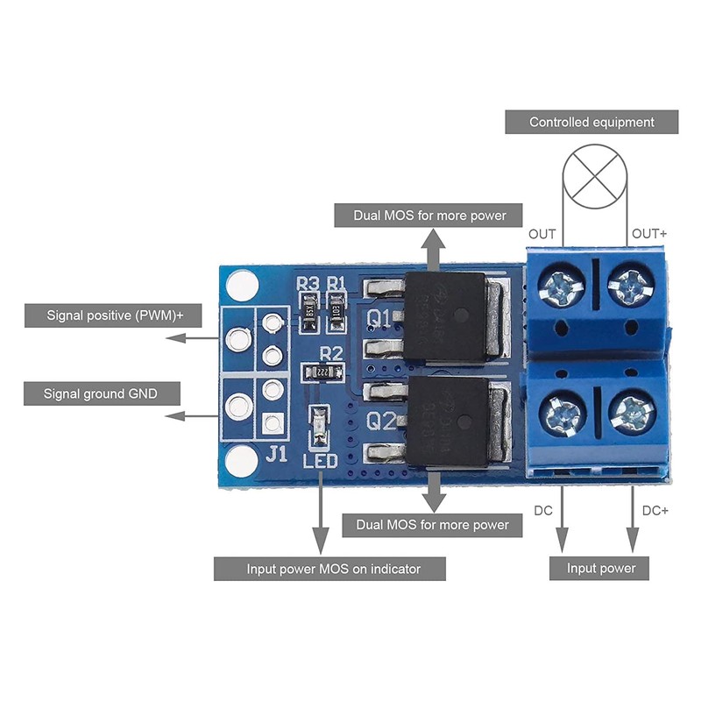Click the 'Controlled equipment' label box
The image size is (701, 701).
pos(592,122)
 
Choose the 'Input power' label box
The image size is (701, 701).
pos(601,569)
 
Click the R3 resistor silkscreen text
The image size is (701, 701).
pos(308,284)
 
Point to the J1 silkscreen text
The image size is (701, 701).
pos(276,454)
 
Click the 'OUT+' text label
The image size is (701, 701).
pos(650,234)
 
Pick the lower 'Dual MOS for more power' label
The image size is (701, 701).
pos(432,525)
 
